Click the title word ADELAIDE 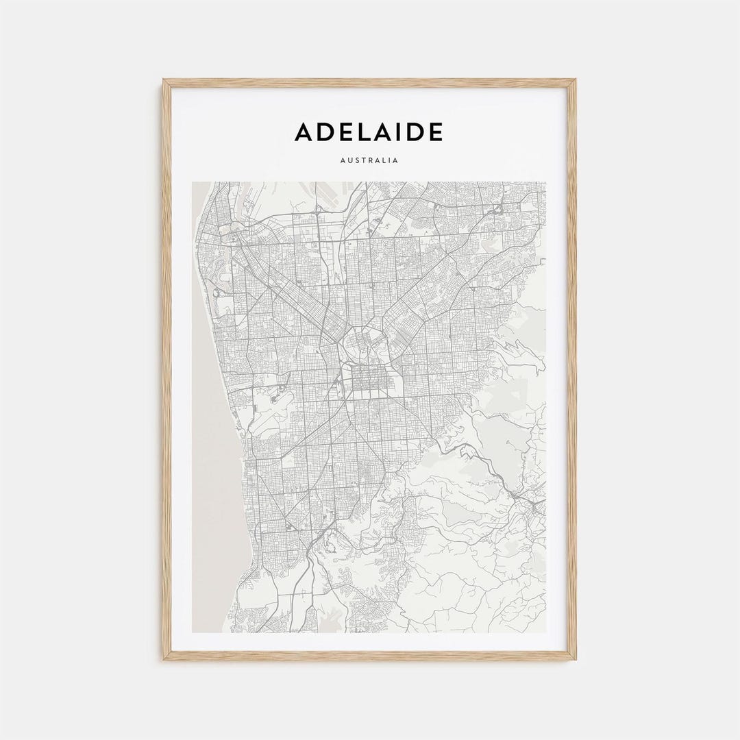pos(369,132)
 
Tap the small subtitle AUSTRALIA pos(369,161)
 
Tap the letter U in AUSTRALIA pos(348,161)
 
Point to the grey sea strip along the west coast pos(212,480)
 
